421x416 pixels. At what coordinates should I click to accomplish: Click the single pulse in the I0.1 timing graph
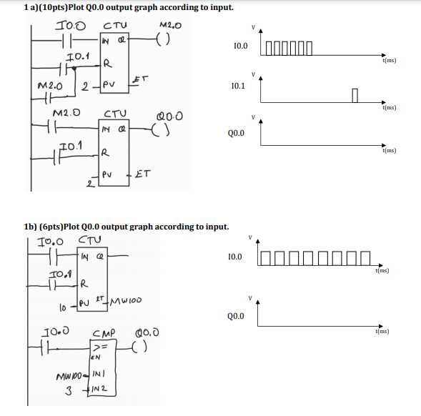point(355,94)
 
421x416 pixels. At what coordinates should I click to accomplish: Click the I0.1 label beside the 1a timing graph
point(239,85)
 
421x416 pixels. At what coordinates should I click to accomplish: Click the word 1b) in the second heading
point(30,227)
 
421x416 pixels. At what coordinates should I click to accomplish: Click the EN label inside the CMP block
point(95,355)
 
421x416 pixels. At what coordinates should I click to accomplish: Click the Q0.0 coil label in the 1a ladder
point(174,115)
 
